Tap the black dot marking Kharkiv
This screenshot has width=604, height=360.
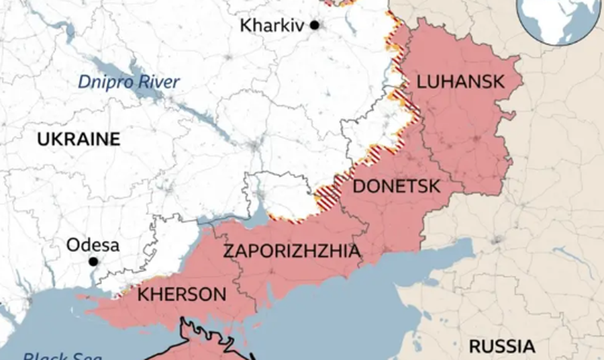coord(314,26)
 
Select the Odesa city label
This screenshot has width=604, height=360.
coord(93,245)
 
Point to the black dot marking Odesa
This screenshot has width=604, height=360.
coord(93,261)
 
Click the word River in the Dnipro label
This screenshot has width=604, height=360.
coord(159,83)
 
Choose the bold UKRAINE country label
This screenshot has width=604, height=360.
coord(79,140)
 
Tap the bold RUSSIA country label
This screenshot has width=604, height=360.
coord(501,347)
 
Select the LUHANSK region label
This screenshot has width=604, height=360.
coord(460,82)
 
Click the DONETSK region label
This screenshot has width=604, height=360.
coord(396,187)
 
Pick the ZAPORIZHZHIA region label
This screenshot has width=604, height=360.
coord(291,252)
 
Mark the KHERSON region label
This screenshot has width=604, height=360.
coord(181,294)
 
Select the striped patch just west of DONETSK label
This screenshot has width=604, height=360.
coord(329,194)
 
